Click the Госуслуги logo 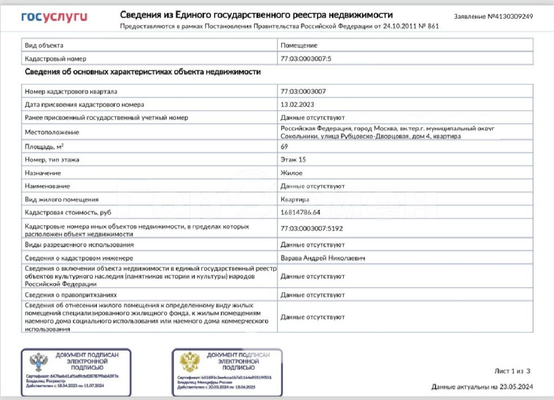coord(54,17)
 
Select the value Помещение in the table coord(299,45)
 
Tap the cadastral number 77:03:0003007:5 coord(306,58)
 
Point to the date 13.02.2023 coord(297,104)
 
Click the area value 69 coord(284,146)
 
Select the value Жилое coord(292,173)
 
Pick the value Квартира coord(295,199)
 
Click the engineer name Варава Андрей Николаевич coord(322,258)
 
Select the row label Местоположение coord(52,132)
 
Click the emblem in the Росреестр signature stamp coord(37,362)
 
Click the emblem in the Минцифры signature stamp coord(189,362)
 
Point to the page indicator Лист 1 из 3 coord(512,371)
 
